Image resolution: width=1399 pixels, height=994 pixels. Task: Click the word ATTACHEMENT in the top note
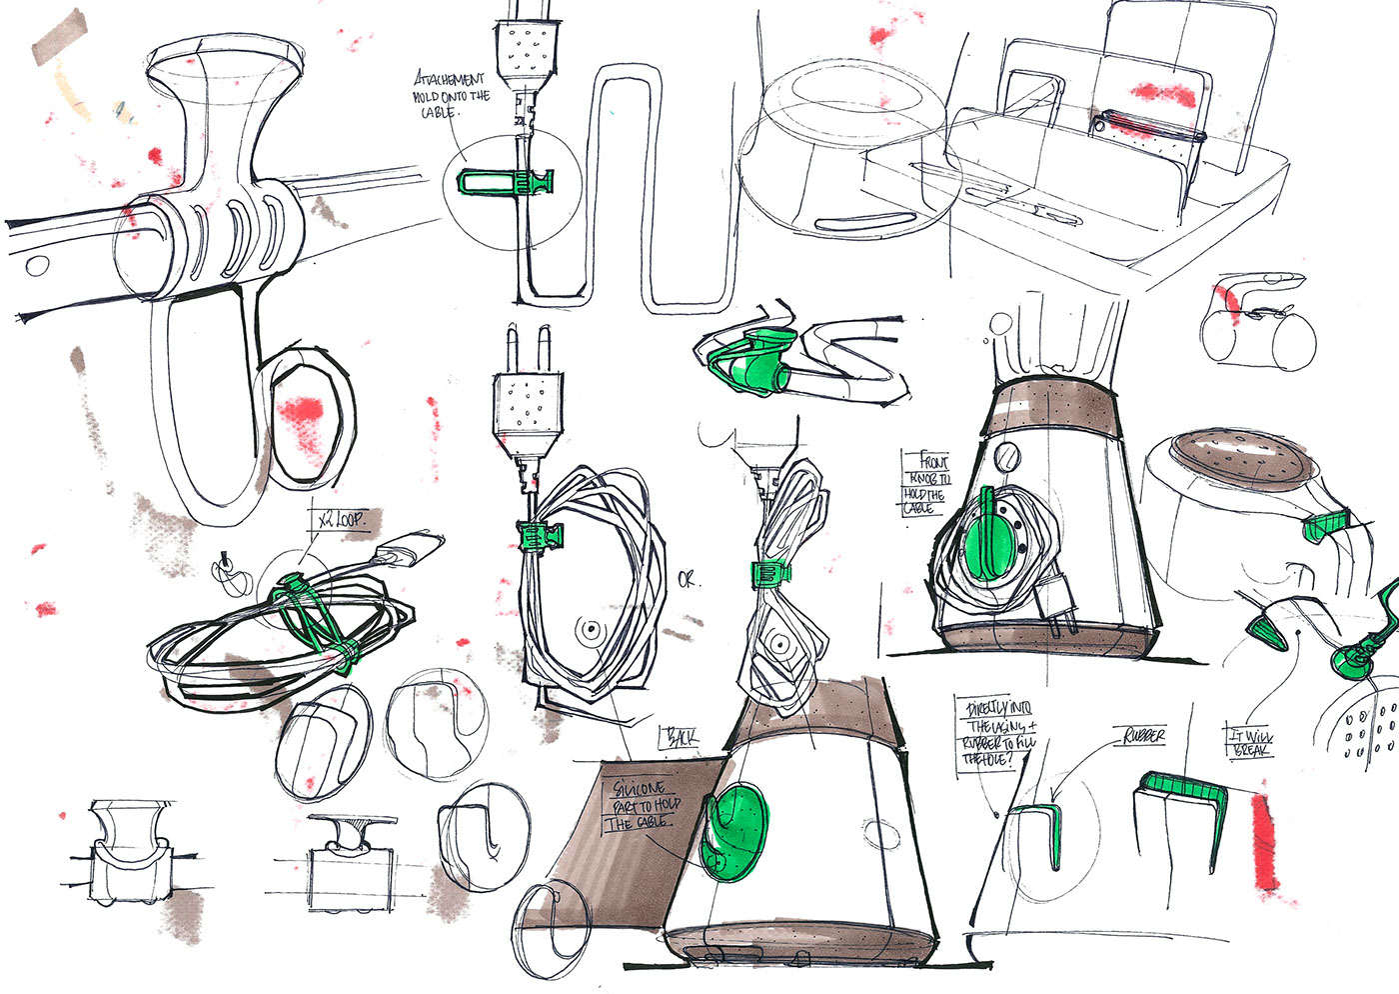coord(450,79)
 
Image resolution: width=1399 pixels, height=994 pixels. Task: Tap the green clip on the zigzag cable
coord(505,183)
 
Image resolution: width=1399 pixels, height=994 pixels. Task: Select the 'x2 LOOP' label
coord(336,521)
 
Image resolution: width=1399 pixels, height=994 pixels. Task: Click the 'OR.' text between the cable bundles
coord(688,579)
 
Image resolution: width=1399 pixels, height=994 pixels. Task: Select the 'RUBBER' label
coord(1143,737)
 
